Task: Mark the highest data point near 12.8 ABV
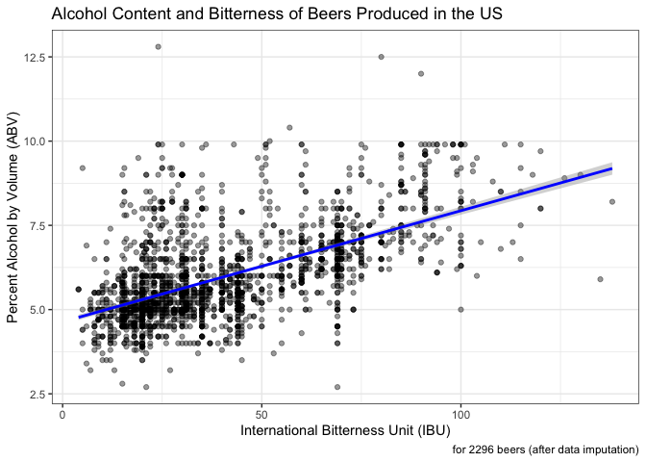pos(158,46)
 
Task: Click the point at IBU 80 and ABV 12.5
pos(381,57)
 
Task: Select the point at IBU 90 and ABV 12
pos(421,73)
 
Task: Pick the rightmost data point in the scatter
pos(611,201)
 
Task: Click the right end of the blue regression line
pos(611,168)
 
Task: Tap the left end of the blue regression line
pos(79,317)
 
